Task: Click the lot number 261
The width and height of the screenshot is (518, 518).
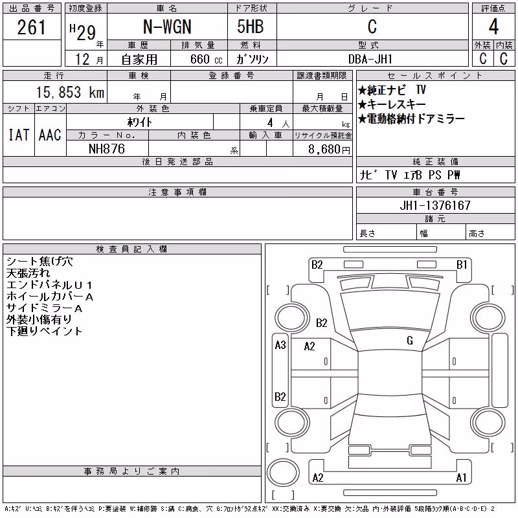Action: tap(31, 27)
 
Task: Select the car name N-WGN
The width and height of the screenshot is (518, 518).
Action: tap(167, 27)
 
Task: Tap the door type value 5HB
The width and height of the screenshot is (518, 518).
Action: tap(251, 27)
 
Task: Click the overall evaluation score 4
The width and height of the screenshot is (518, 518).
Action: tap(493, 27)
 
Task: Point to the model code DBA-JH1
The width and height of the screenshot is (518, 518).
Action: tap(370, 59)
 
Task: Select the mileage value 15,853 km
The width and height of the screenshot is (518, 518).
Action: tap(70, 92)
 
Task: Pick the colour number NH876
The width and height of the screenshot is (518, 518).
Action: tap(107, 149)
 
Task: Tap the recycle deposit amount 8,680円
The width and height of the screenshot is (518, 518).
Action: tap(329, 150)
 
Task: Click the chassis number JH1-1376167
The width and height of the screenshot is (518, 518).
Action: tap(435, 205)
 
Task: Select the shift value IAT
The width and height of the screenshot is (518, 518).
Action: tap(19, 135)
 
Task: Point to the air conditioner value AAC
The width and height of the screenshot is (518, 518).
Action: tap(50, 135)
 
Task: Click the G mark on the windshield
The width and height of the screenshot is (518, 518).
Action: tap(410, 341)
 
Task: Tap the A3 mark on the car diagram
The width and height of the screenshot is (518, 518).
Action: tap(280, 345)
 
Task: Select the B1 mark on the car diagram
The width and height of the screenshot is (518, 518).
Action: tap(462, 265)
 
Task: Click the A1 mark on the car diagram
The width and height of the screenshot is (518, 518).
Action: tap(461, 478)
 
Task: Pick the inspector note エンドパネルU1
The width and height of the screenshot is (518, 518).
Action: tap(49, 285)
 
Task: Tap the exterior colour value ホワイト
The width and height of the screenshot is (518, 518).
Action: tap(140, 122)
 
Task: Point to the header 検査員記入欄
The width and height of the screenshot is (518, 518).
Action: tap(131, 249)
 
